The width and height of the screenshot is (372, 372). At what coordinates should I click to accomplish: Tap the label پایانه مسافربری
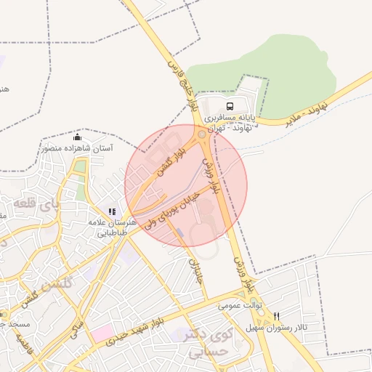[231, 117]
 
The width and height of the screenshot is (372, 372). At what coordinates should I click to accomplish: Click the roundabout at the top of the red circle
[202, 135]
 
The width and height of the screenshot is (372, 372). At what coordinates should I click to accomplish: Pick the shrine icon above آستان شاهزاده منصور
[78, 137]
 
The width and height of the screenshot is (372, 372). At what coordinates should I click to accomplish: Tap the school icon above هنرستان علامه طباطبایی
[112, 211]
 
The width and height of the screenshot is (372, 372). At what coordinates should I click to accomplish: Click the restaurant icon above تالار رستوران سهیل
[277, 317]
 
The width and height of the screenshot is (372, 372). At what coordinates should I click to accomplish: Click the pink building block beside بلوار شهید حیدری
[102, 336]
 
